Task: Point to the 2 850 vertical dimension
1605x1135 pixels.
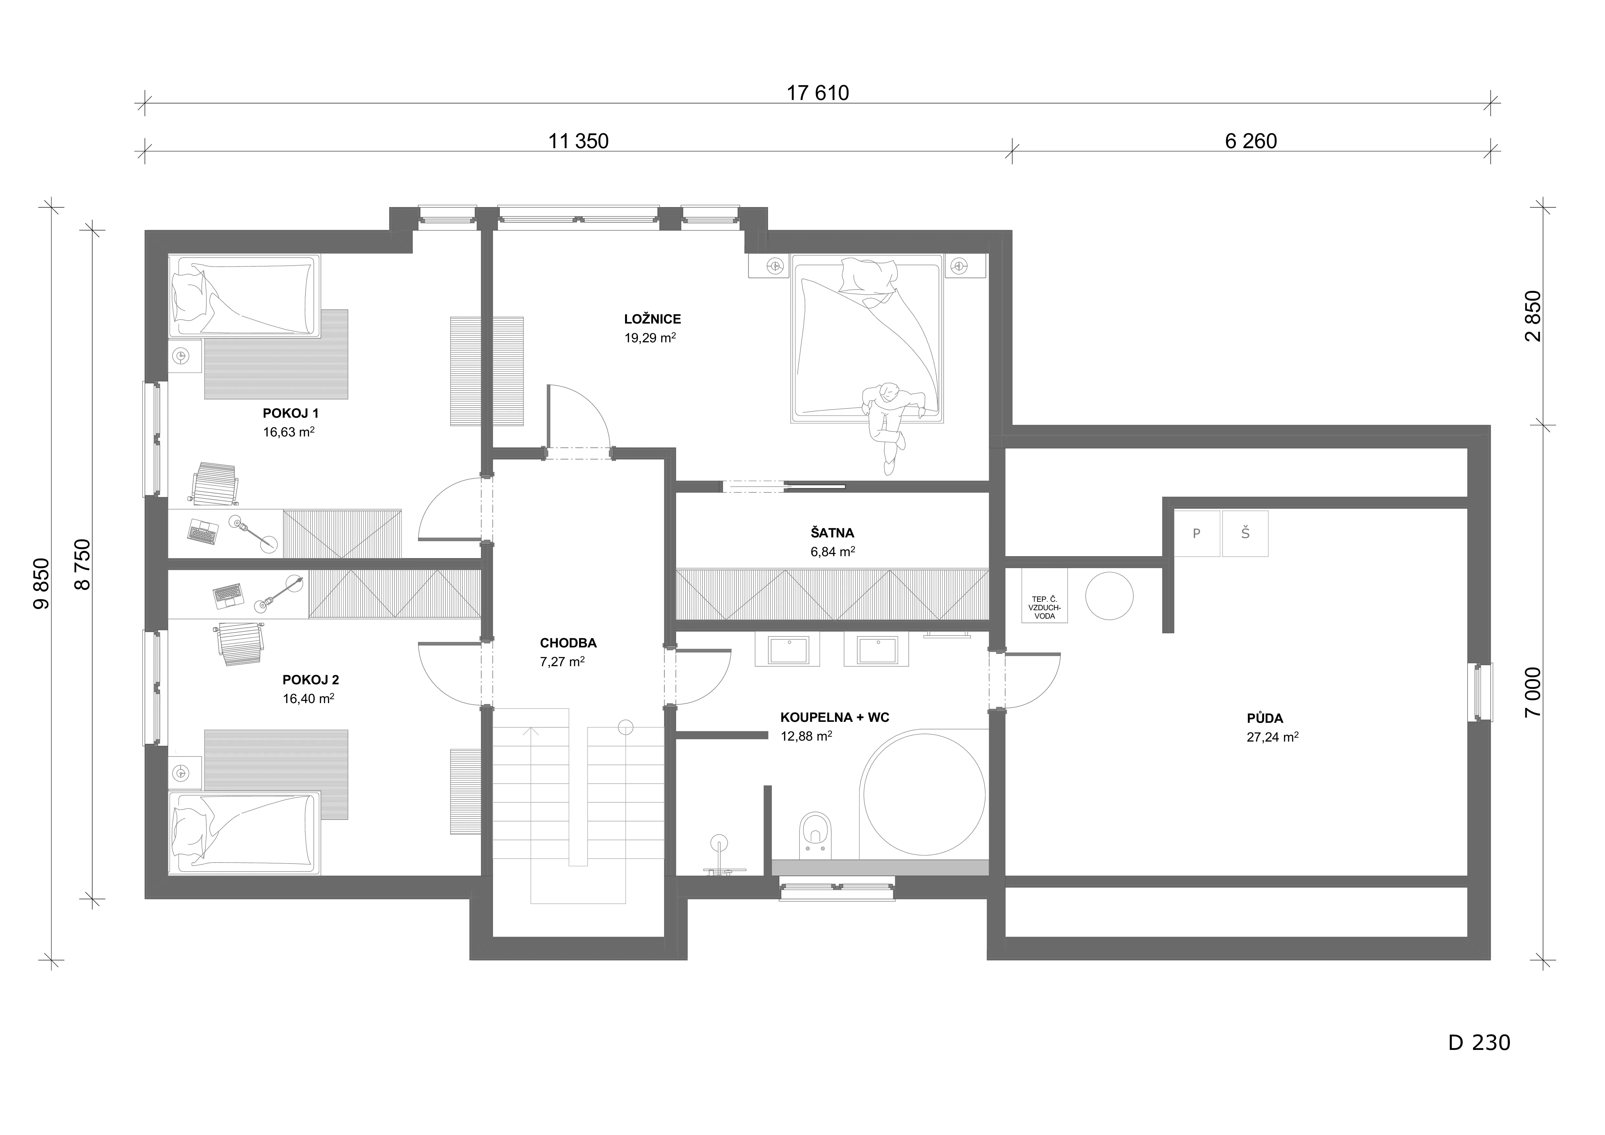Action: point(1527,316)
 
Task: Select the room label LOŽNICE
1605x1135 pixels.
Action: point(652,319)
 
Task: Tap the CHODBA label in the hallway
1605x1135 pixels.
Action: point(568,643)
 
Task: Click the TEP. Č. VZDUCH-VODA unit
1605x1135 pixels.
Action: point(1044,595)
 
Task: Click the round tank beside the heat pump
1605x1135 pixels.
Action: point(1109,595)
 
